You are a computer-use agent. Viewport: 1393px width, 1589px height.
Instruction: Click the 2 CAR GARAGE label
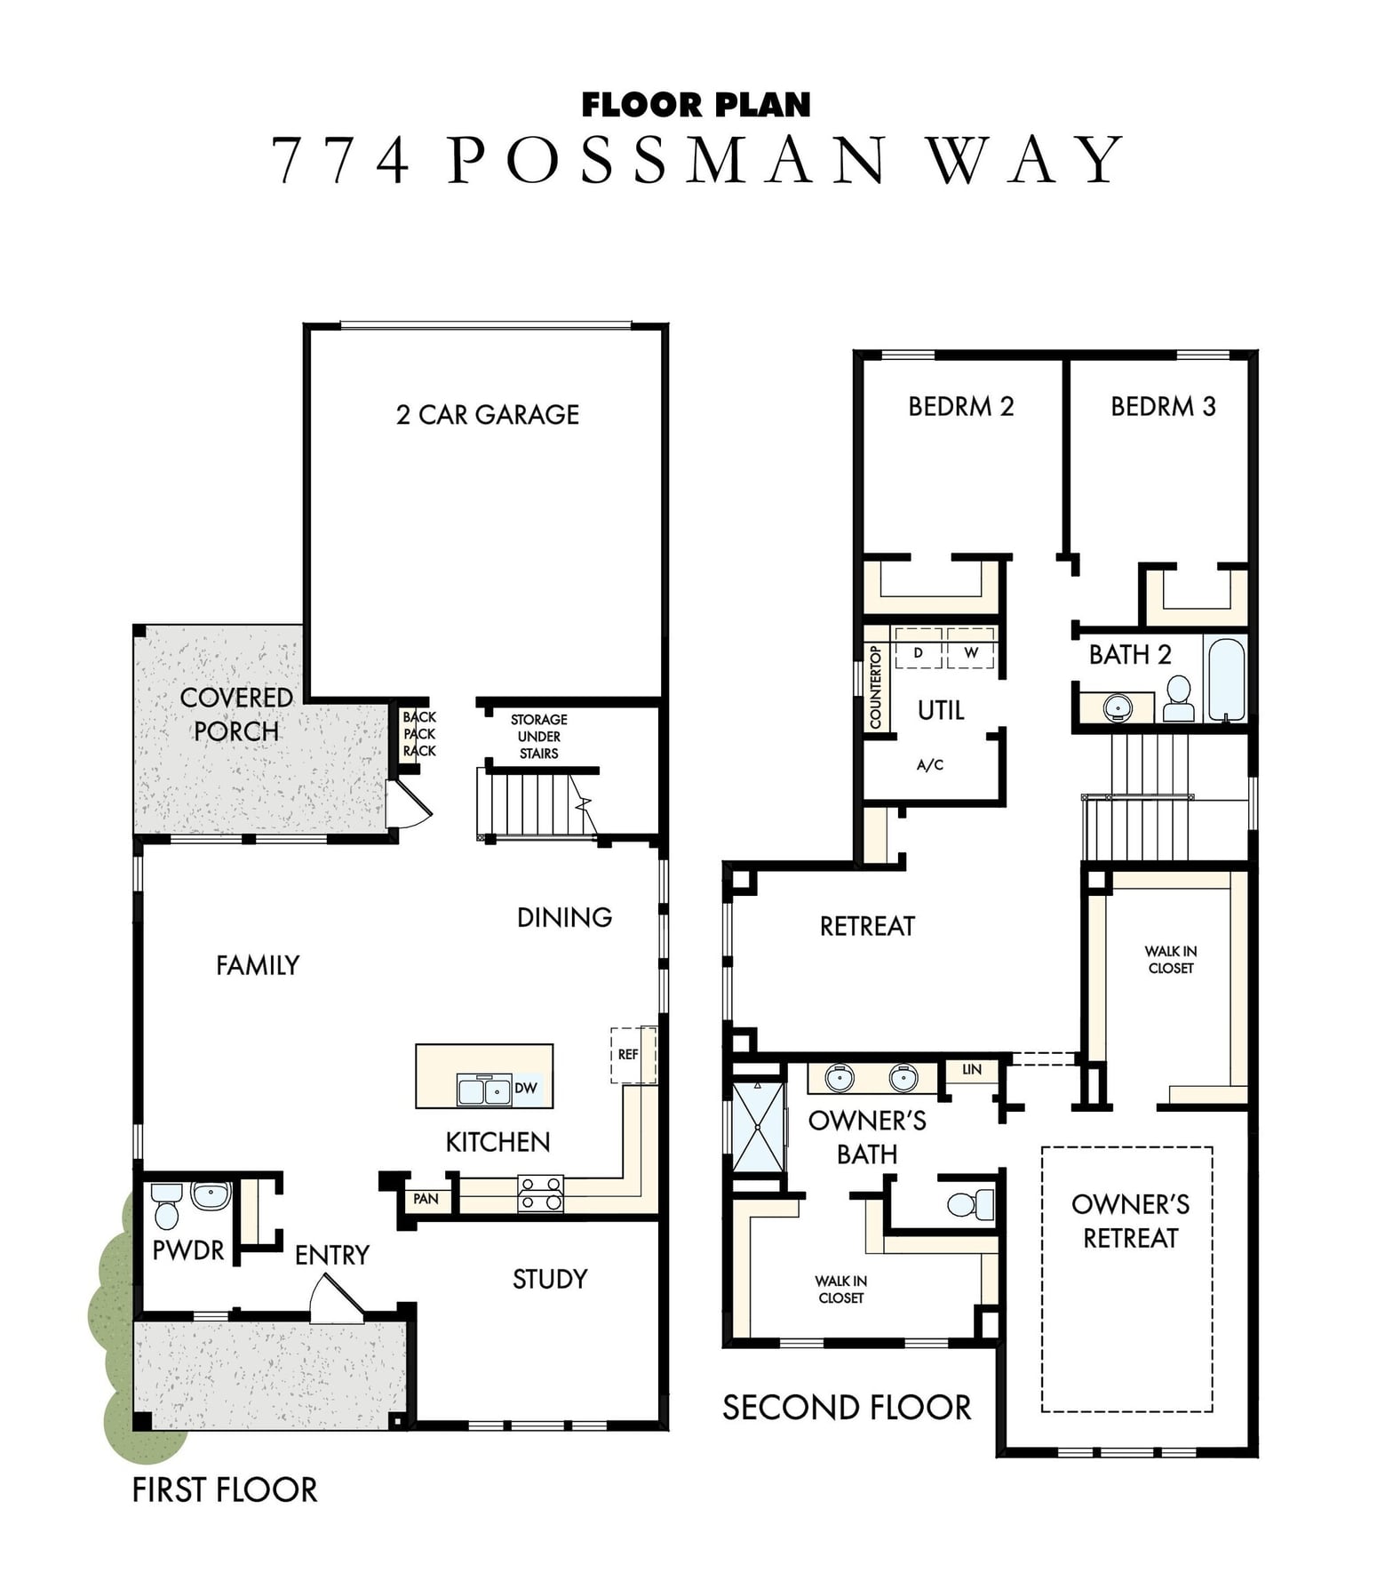[x=488, y=414]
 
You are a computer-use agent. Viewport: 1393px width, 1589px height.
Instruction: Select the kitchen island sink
[x=484, y=1089]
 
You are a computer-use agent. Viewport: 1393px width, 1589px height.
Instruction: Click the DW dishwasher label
[x=526, y=1088]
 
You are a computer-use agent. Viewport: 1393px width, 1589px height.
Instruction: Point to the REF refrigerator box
[x=633, y=1055]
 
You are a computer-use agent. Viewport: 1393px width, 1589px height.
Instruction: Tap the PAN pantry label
[x=426, y=1199]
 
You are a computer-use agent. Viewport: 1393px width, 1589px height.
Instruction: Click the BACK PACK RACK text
[x=419, y=734]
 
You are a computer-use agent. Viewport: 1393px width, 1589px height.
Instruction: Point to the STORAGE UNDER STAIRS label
[x=538, y=737]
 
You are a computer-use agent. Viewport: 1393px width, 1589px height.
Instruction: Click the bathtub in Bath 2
[x=1226, y=678]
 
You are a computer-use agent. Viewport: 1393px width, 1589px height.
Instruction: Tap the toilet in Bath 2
[x=1179, y=699]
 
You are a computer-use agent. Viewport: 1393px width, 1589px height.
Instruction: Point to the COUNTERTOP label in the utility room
[x=875, y=687]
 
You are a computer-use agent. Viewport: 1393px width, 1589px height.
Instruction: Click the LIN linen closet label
[x=972, y=1069]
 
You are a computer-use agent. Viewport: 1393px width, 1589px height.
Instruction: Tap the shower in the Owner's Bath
[x=758, y=1127]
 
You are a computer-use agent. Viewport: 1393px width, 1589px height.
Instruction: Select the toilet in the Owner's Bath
[x=970, y=1204]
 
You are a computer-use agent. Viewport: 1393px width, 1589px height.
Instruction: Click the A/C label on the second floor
[x=930, y=765]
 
